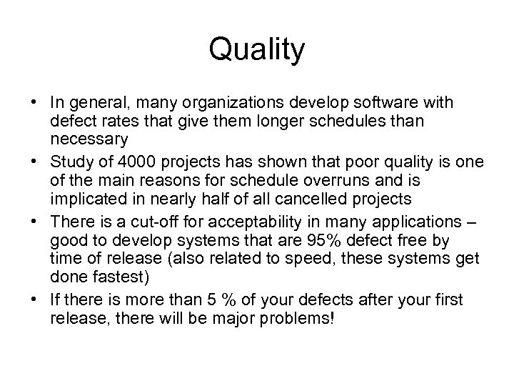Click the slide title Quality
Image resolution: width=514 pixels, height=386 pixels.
(257, 50)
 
